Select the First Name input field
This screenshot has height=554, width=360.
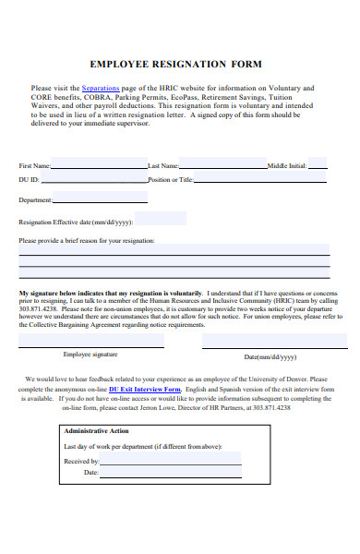[x=99, y=165]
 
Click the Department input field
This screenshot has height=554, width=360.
[x=100, y=198]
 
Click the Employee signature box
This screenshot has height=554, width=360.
[x=91, y=340]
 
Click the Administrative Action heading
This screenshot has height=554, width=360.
[x=96, y=431]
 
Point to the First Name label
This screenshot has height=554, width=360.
[x=33, y=166]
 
